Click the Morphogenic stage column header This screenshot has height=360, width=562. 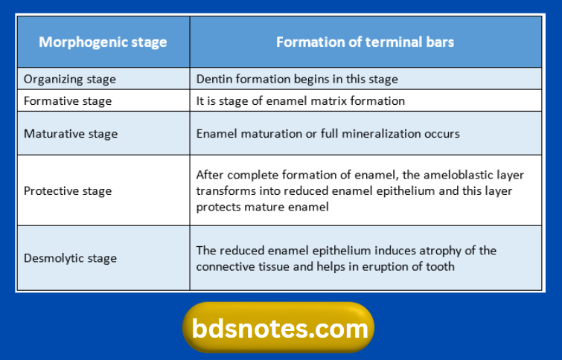pos(103,42)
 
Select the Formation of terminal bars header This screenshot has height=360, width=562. pos(365,42)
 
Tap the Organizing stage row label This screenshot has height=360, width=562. pos(70,79)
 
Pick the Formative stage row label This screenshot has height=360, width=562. pos(68,100)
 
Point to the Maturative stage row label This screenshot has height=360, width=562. pos(71,134)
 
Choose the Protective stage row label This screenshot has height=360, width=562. pos(68,191)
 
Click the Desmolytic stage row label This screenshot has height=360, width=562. pos(71,258)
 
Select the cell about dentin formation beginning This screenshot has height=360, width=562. pos(297,79)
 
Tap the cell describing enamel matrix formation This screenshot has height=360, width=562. pos(301,100)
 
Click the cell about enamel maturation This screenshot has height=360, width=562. pos(328,134)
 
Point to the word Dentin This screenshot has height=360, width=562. pos(214,79)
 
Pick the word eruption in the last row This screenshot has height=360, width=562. pos(392,266)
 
